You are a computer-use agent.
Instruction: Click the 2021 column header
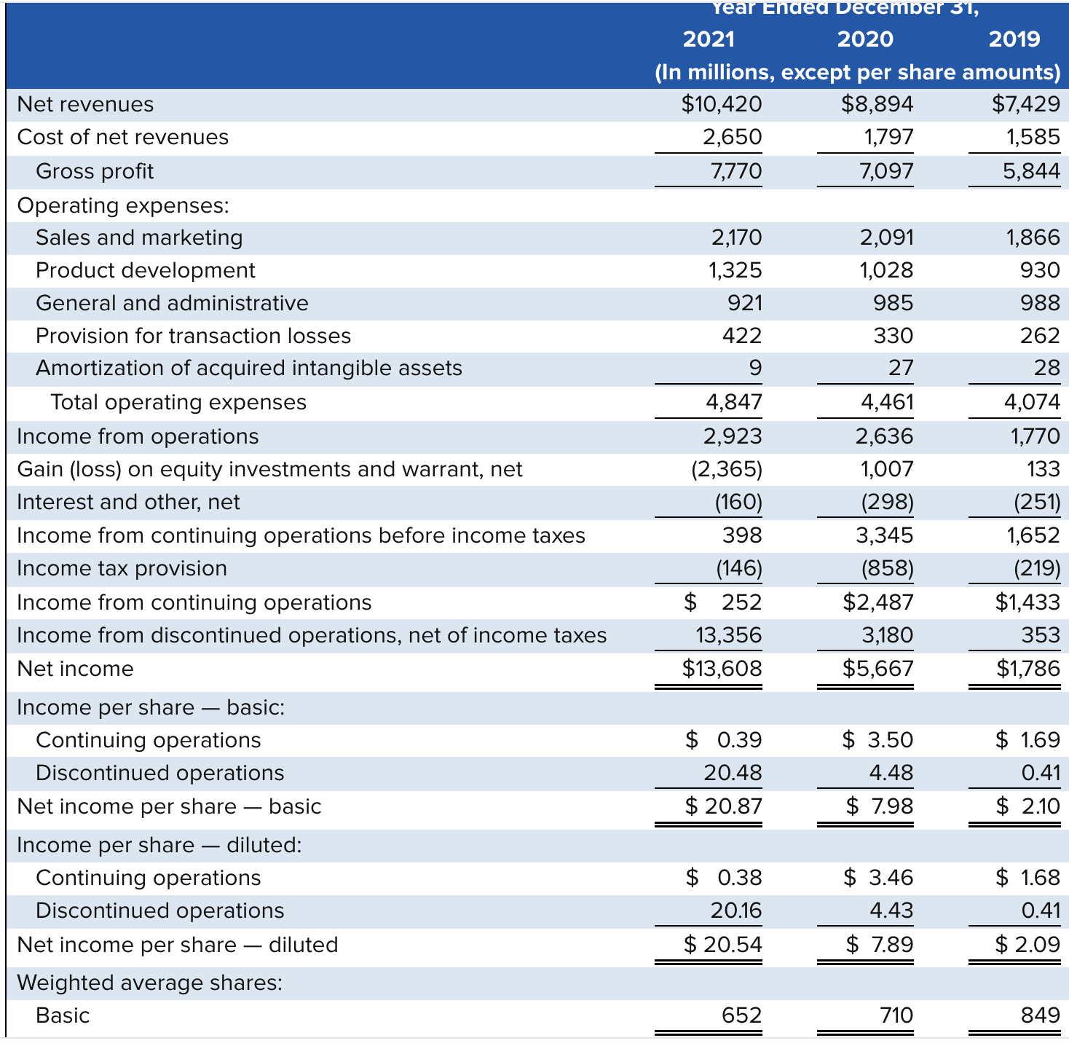[708, 39]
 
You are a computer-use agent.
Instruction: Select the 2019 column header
[1014, 39]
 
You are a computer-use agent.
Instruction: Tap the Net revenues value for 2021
[721, 104]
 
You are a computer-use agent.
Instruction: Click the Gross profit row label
[95, 171]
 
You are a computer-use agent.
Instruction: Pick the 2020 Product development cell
[885, 270]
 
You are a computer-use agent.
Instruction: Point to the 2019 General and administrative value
[1039, 303]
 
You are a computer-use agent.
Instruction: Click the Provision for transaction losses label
[193, 336]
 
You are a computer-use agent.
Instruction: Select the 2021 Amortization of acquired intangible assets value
[755, 368]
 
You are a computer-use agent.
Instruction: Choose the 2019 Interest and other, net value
[1037, 502]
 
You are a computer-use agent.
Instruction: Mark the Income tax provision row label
[122, 568]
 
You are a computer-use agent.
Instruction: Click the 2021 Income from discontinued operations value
[728, 635]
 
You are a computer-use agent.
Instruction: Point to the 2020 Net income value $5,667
[877, 668]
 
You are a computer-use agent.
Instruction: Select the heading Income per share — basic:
[151, 707]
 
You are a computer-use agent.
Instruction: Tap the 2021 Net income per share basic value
[723, 806]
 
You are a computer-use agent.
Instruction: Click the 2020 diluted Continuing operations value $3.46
[877, 877]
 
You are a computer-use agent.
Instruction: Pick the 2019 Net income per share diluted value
[1027, 944]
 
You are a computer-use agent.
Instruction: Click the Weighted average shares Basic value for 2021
[741, 1015]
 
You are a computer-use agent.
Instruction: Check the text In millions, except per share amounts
[857, 72]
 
